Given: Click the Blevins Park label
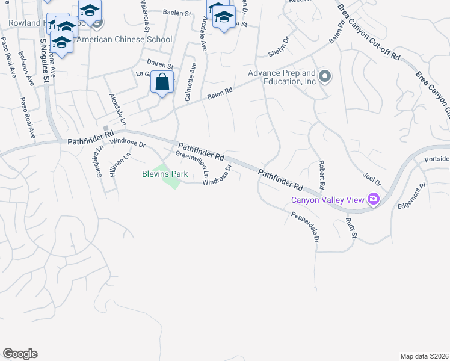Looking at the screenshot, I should coord(165,174).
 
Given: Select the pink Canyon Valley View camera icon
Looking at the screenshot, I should coord(374,199).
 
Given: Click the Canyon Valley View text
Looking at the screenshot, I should coord(328,200).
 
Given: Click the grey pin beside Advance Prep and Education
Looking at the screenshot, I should coord(325,76).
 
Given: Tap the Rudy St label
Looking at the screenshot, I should coord(351,227).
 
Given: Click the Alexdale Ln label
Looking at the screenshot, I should coord(118,109).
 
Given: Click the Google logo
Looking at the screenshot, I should coord(20,354).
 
